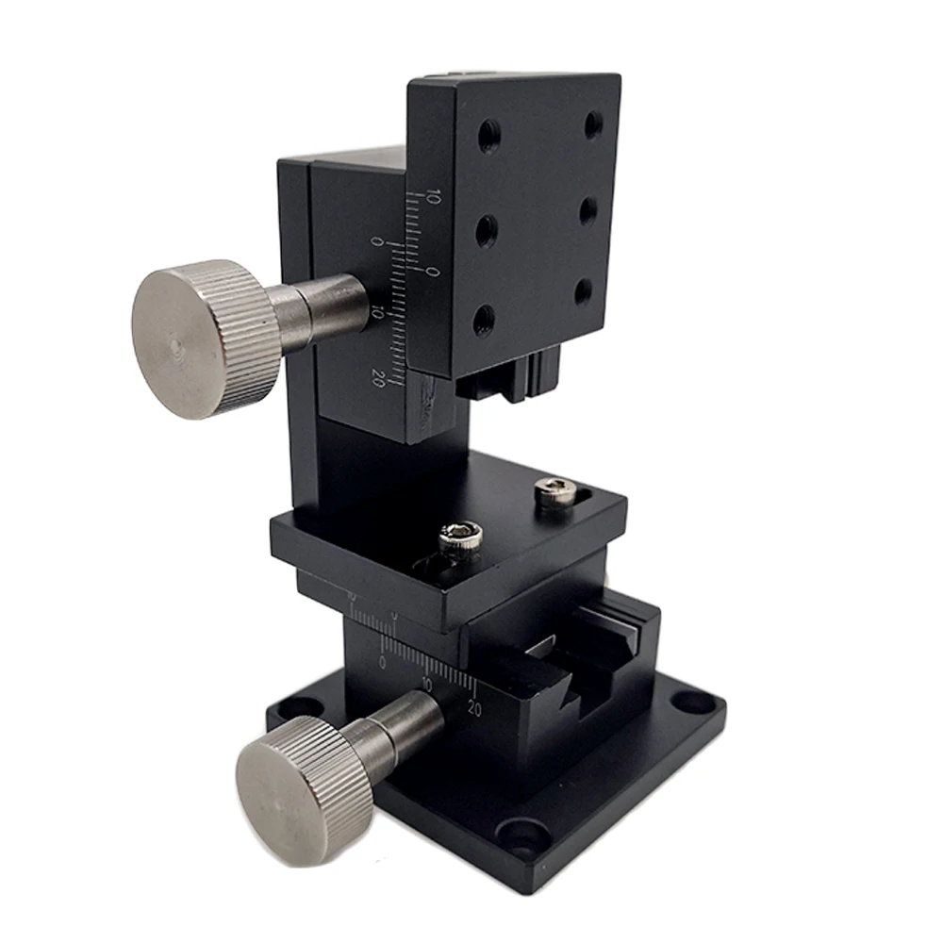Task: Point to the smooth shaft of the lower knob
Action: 405,726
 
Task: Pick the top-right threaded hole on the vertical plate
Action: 593,124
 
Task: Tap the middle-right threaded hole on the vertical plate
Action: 587,208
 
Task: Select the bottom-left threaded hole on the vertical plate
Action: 484,319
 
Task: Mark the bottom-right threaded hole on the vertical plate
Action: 584,290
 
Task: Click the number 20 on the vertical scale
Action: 378,378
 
